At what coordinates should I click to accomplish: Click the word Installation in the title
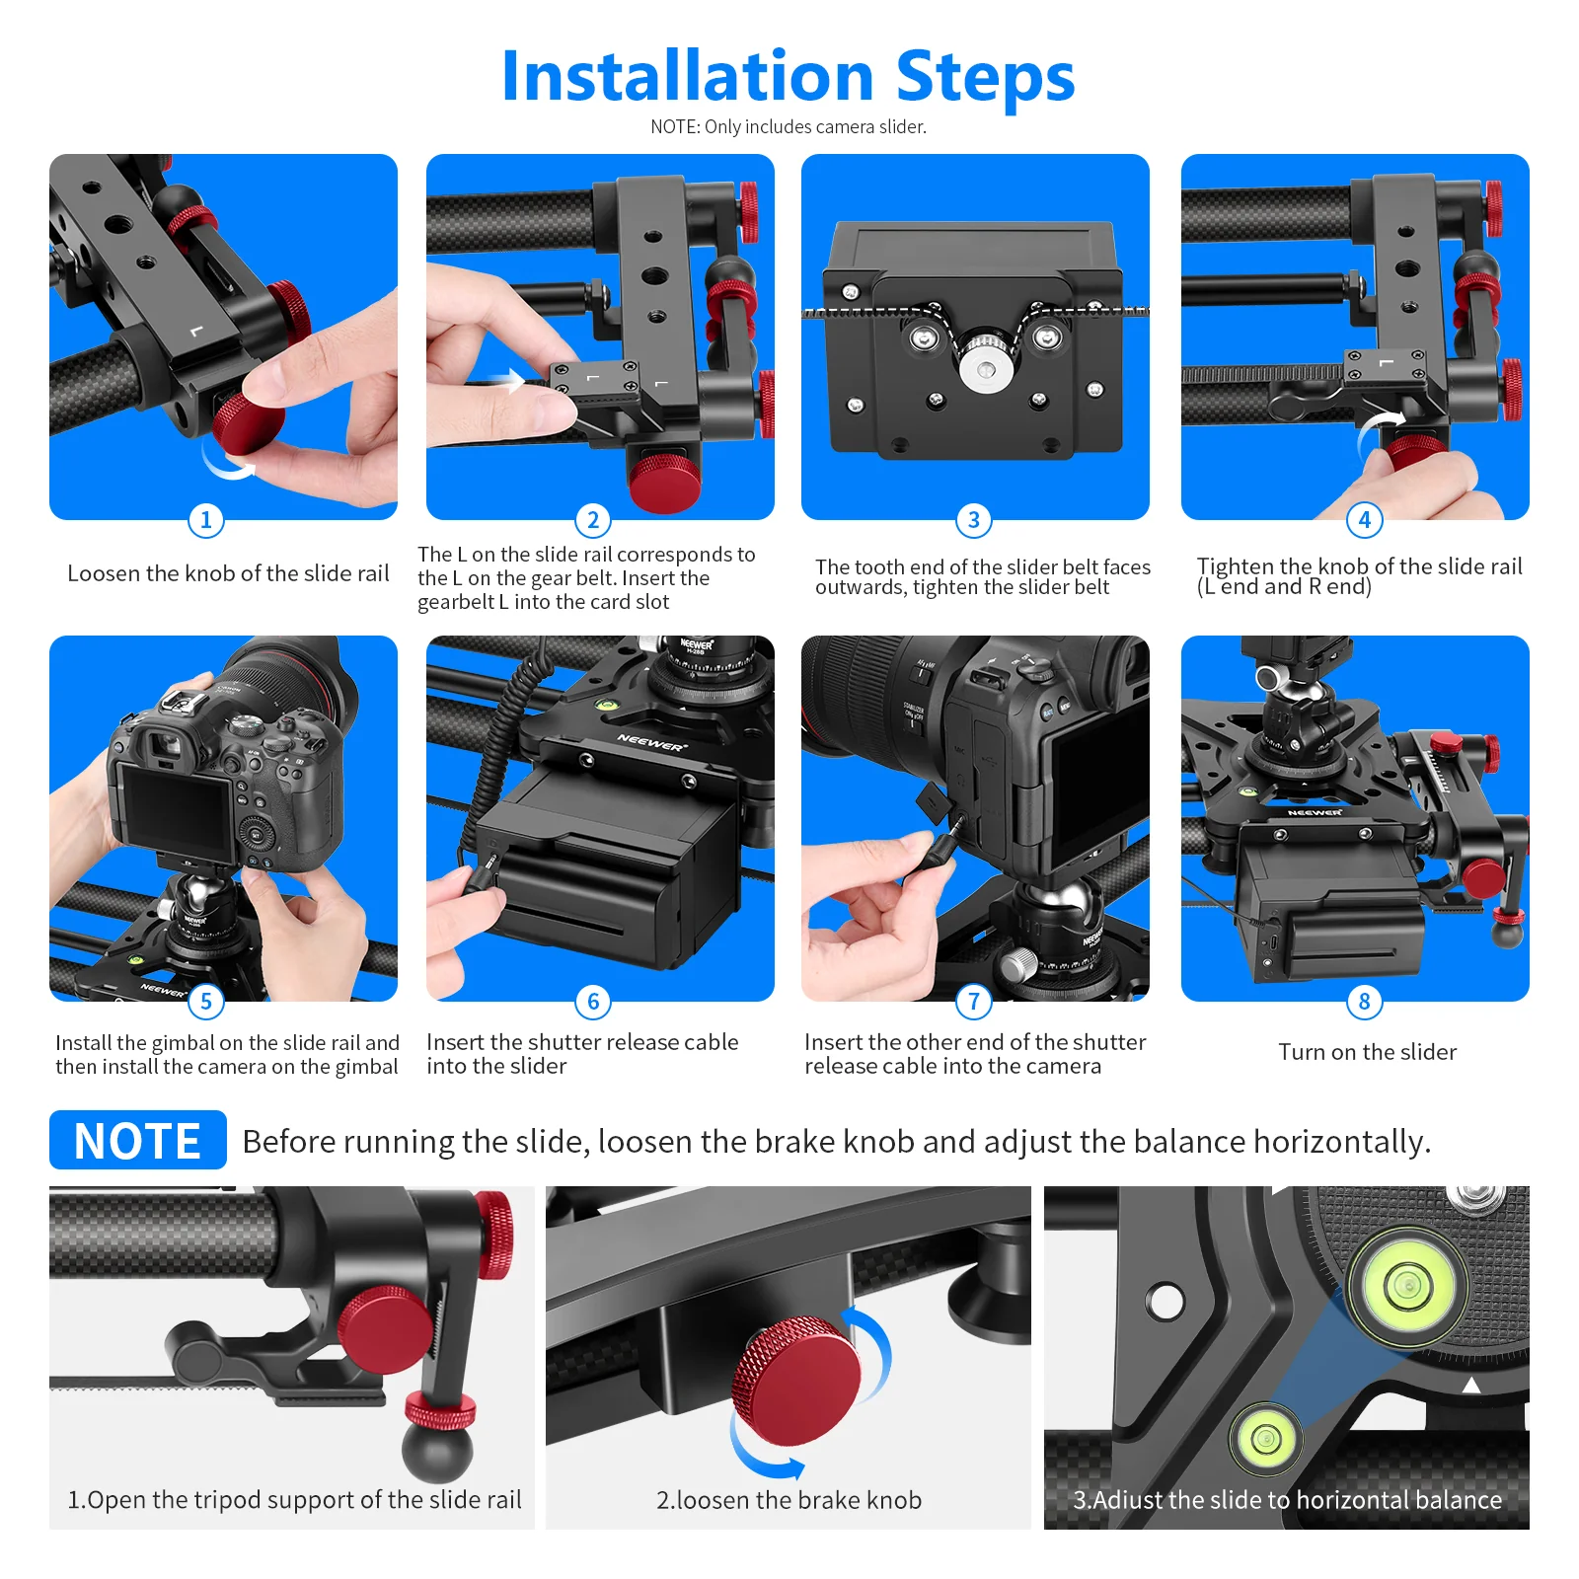point(688,77)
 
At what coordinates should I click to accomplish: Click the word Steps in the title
point(985,77)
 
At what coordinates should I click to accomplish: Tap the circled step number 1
point(206,520)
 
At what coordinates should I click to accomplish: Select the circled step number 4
point(1364,520)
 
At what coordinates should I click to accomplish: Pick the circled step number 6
point(593,1002)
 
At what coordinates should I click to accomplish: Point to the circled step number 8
point(1364,1002)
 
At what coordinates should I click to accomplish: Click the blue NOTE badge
point(138,1141)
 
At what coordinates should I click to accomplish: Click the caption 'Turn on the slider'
point(1367,1052)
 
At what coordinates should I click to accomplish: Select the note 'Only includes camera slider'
point(788,126)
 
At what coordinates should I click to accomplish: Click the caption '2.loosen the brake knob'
point(789,1500)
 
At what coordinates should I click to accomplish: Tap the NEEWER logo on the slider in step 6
point(651,742)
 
